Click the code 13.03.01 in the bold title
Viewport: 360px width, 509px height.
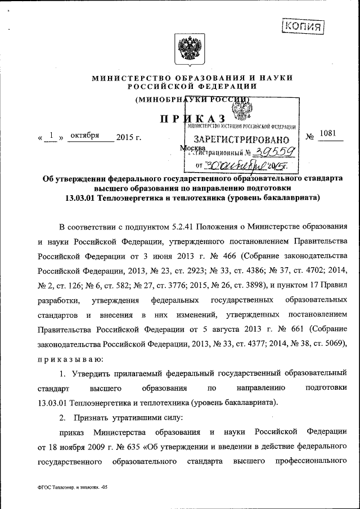pyautogui.click(x=82, y=197)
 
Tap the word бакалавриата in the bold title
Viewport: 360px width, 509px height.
pyautogui.click(x=292, y=197)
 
